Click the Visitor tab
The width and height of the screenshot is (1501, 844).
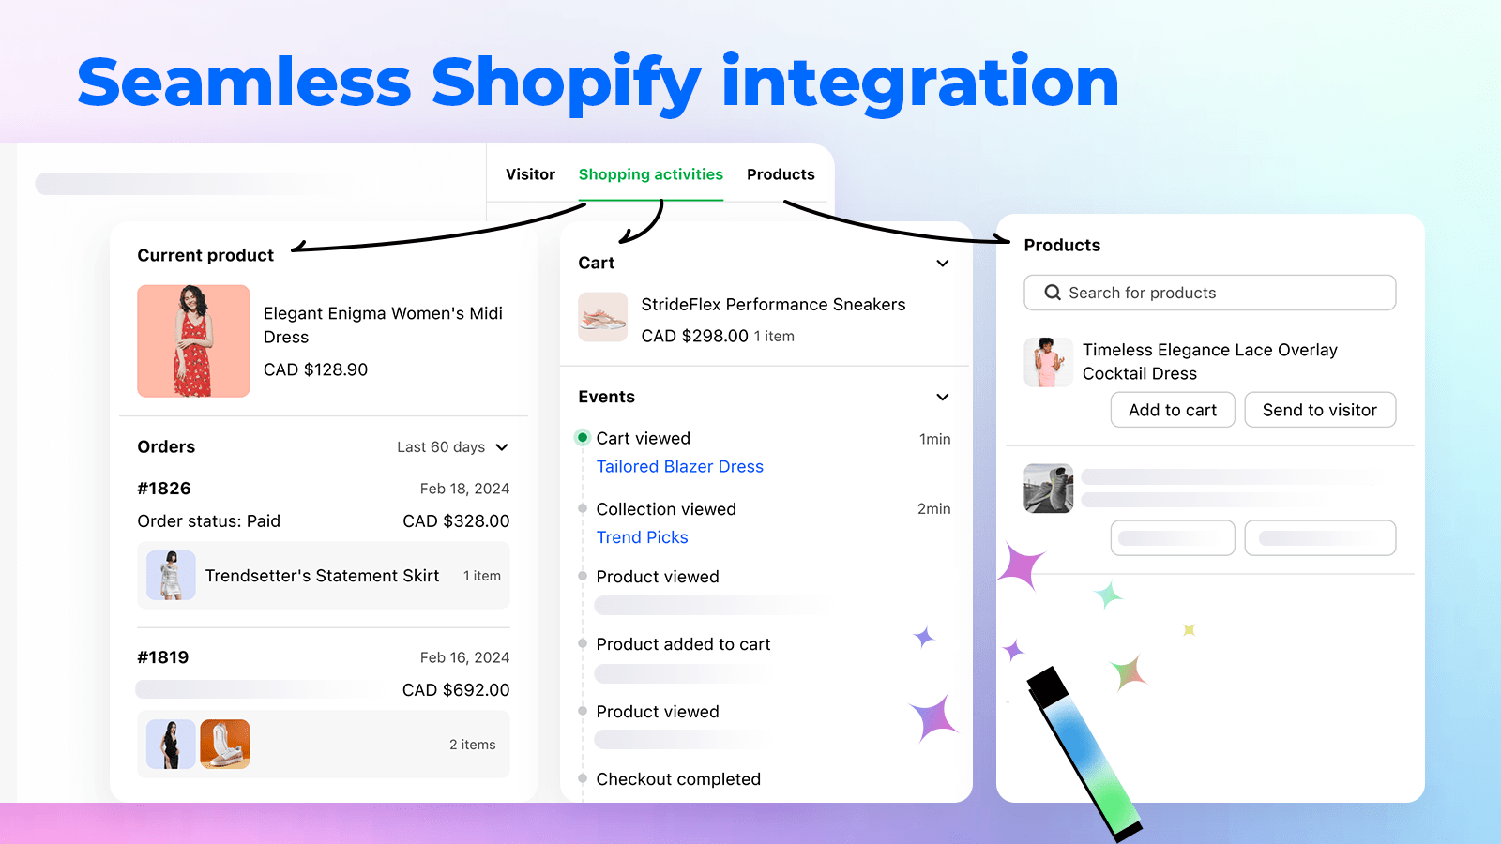530,174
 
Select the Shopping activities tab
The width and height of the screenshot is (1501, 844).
650,174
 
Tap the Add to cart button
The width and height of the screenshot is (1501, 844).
1172,410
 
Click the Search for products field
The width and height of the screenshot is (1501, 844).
1209,293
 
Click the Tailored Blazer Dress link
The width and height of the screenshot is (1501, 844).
679,466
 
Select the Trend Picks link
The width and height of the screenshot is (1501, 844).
642,537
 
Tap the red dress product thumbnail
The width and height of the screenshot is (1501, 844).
193,341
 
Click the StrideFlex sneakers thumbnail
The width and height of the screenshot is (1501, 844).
602,317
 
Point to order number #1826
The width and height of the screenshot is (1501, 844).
164,489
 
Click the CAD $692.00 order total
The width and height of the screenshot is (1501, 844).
456,690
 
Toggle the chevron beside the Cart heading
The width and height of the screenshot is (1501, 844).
943,264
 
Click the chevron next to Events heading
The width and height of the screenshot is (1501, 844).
943,398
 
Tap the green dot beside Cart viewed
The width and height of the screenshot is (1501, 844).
583,438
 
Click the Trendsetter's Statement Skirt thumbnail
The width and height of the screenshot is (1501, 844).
171,576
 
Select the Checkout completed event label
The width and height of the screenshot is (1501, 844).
678,779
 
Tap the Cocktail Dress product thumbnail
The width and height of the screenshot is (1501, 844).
1048,362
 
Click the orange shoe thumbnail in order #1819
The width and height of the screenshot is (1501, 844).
225,745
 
